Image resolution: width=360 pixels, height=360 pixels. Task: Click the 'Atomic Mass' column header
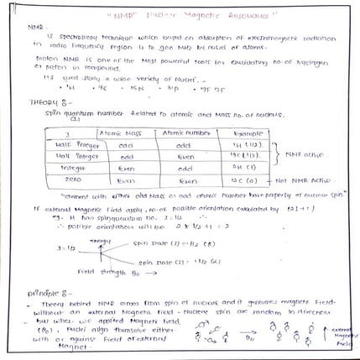[x=122, y=131]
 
